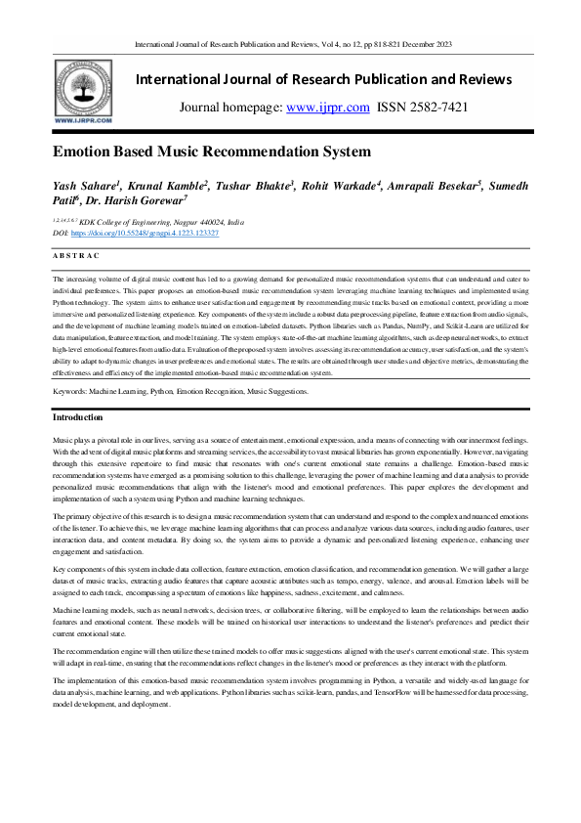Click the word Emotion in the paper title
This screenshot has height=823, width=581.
(85, 152)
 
